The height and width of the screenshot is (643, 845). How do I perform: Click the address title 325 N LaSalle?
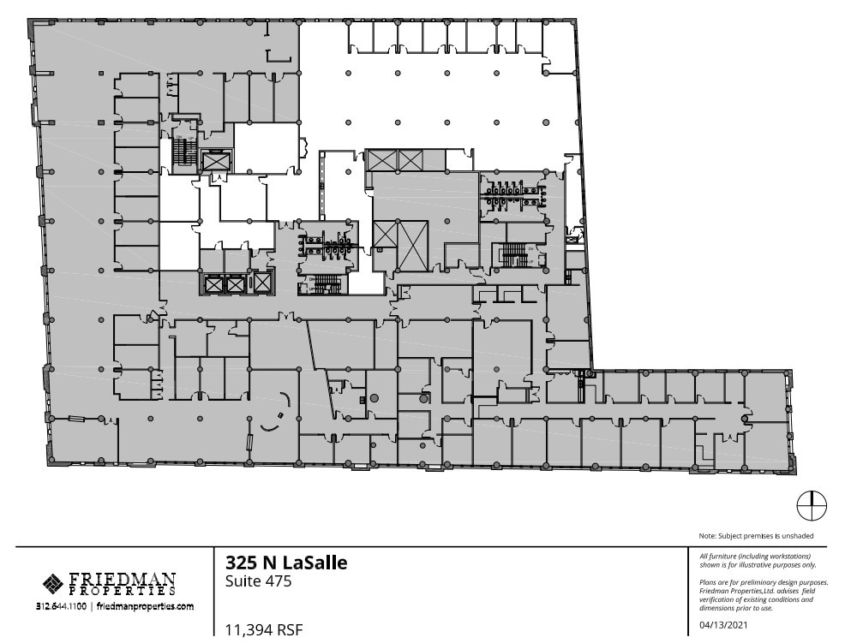286,563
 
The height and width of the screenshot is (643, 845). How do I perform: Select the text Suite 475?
258,582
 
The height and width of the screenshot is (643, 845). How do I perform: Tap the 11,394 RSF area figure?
263,631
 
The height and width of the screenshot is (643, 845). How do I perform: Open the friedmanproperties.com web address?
145,605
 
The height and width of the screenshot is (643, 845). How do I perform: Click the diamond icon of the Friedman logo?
52,583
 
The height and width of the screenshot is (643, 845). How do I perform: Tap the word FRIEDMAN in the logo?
122,579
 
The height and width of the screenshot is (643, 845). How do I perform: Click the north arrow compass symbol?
811,506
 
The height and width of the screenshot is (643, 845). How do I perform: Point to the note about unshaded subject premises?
756,536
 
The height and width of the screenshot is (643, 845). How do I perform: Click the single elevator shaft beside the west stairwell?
215,160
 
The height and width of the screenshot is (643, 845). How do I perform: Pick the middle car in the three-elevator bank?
235,283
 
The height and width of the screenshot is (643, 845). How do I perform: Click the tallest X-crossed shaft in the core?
412,245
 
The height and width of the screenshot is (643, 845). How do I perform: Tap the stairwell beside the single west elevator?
181,152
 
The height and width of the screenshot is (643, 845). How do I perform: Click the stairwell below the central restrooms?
323,285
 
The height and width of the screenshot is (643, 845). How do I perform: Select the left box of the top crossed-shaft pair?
381,160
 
